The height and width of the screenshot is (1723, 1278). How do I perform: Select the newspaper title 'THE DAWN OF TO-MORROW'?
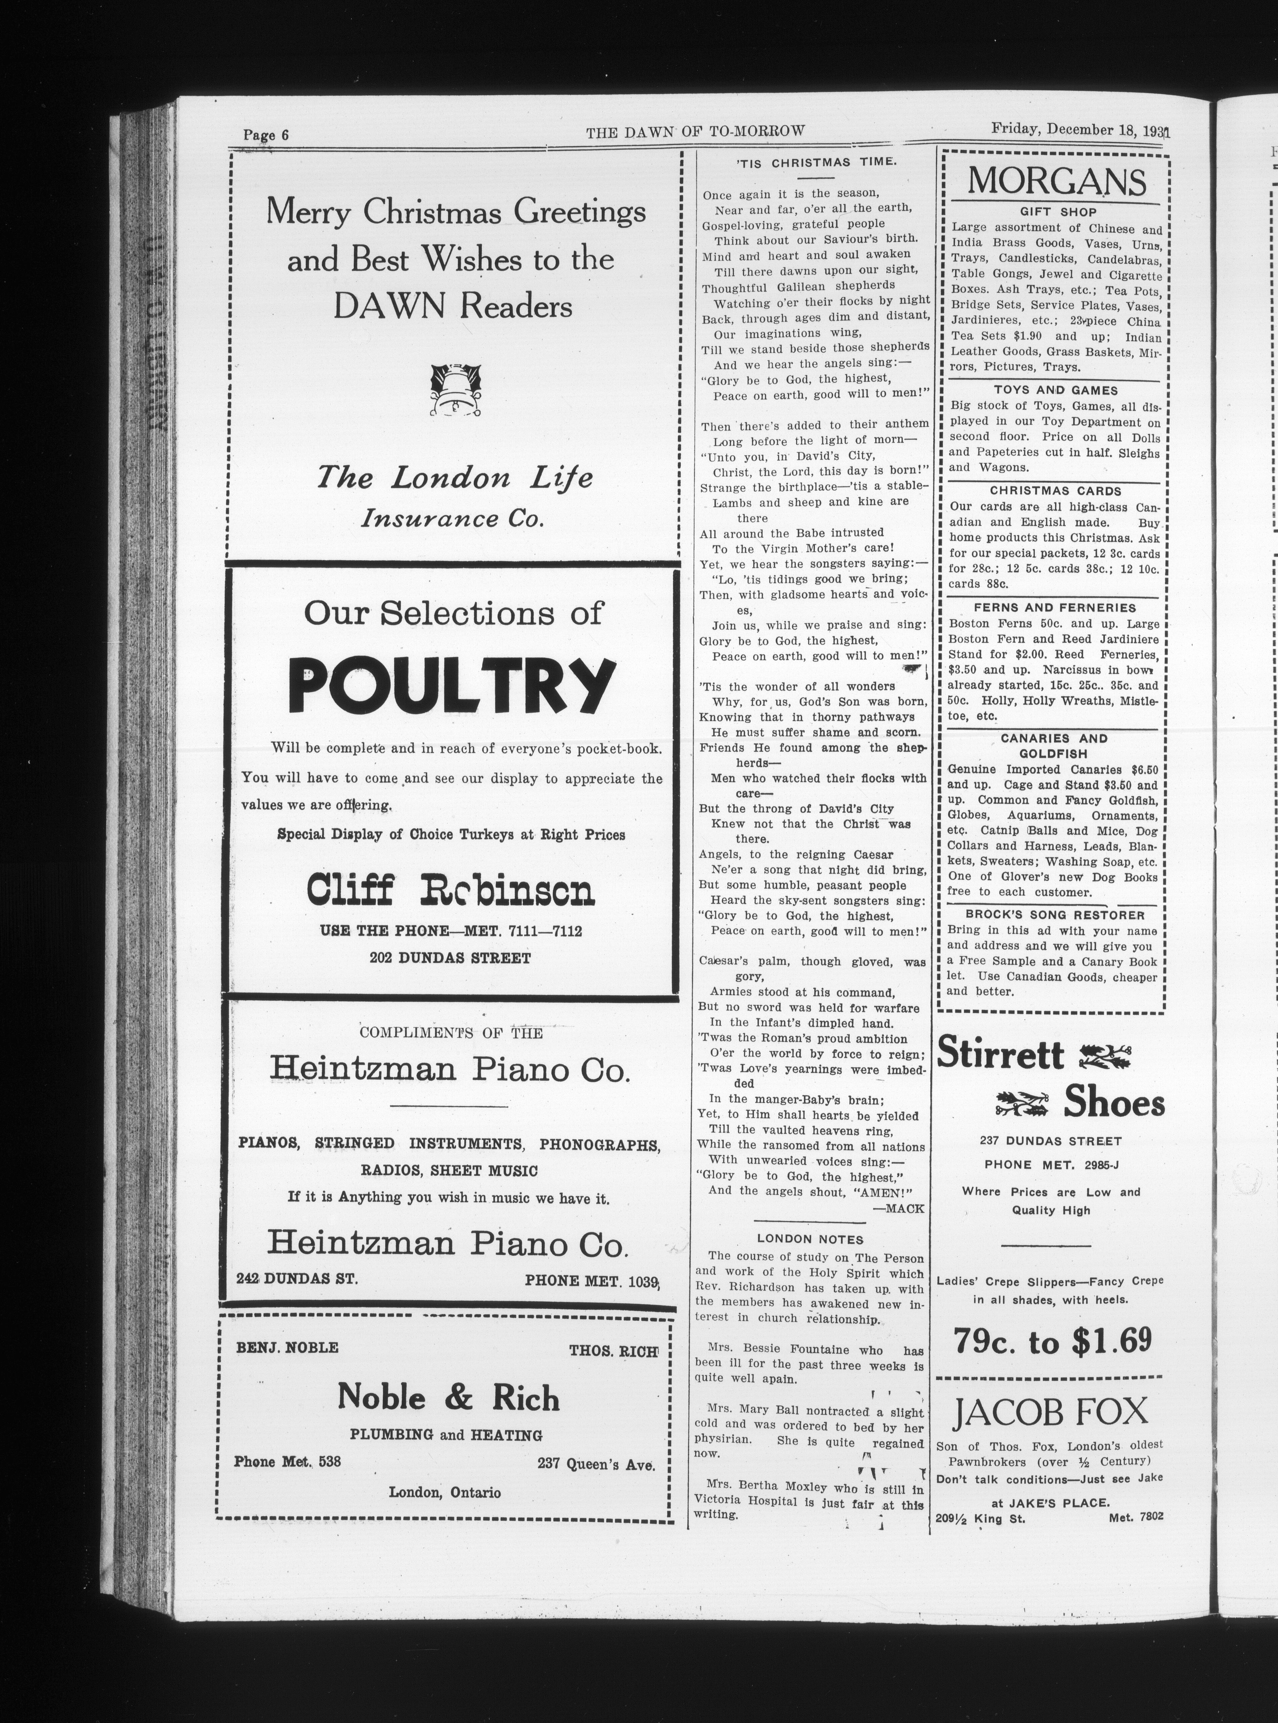point(695,132)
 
